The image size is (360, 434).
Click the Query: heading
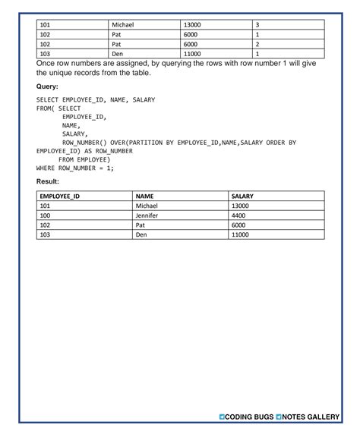pyautogui.click(x=47, y=87)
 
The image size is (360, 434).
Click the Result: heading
pyautogui.click(x=48, y=182)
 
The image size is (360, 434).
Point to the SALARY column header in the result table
pyautogui.click(x=242, y=196)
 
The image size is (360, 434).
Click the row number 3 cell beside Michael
pyautogui.click(x=257, y=25)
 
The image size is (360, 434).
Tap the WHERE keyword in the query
pyautogui.click(x=46, y=168)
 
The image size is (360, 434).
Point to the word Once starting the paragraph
pyautogui.click(x=47, y=64)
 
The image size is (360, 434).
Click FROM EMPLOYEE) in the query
pyautogui.click(x=84, y=159)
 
